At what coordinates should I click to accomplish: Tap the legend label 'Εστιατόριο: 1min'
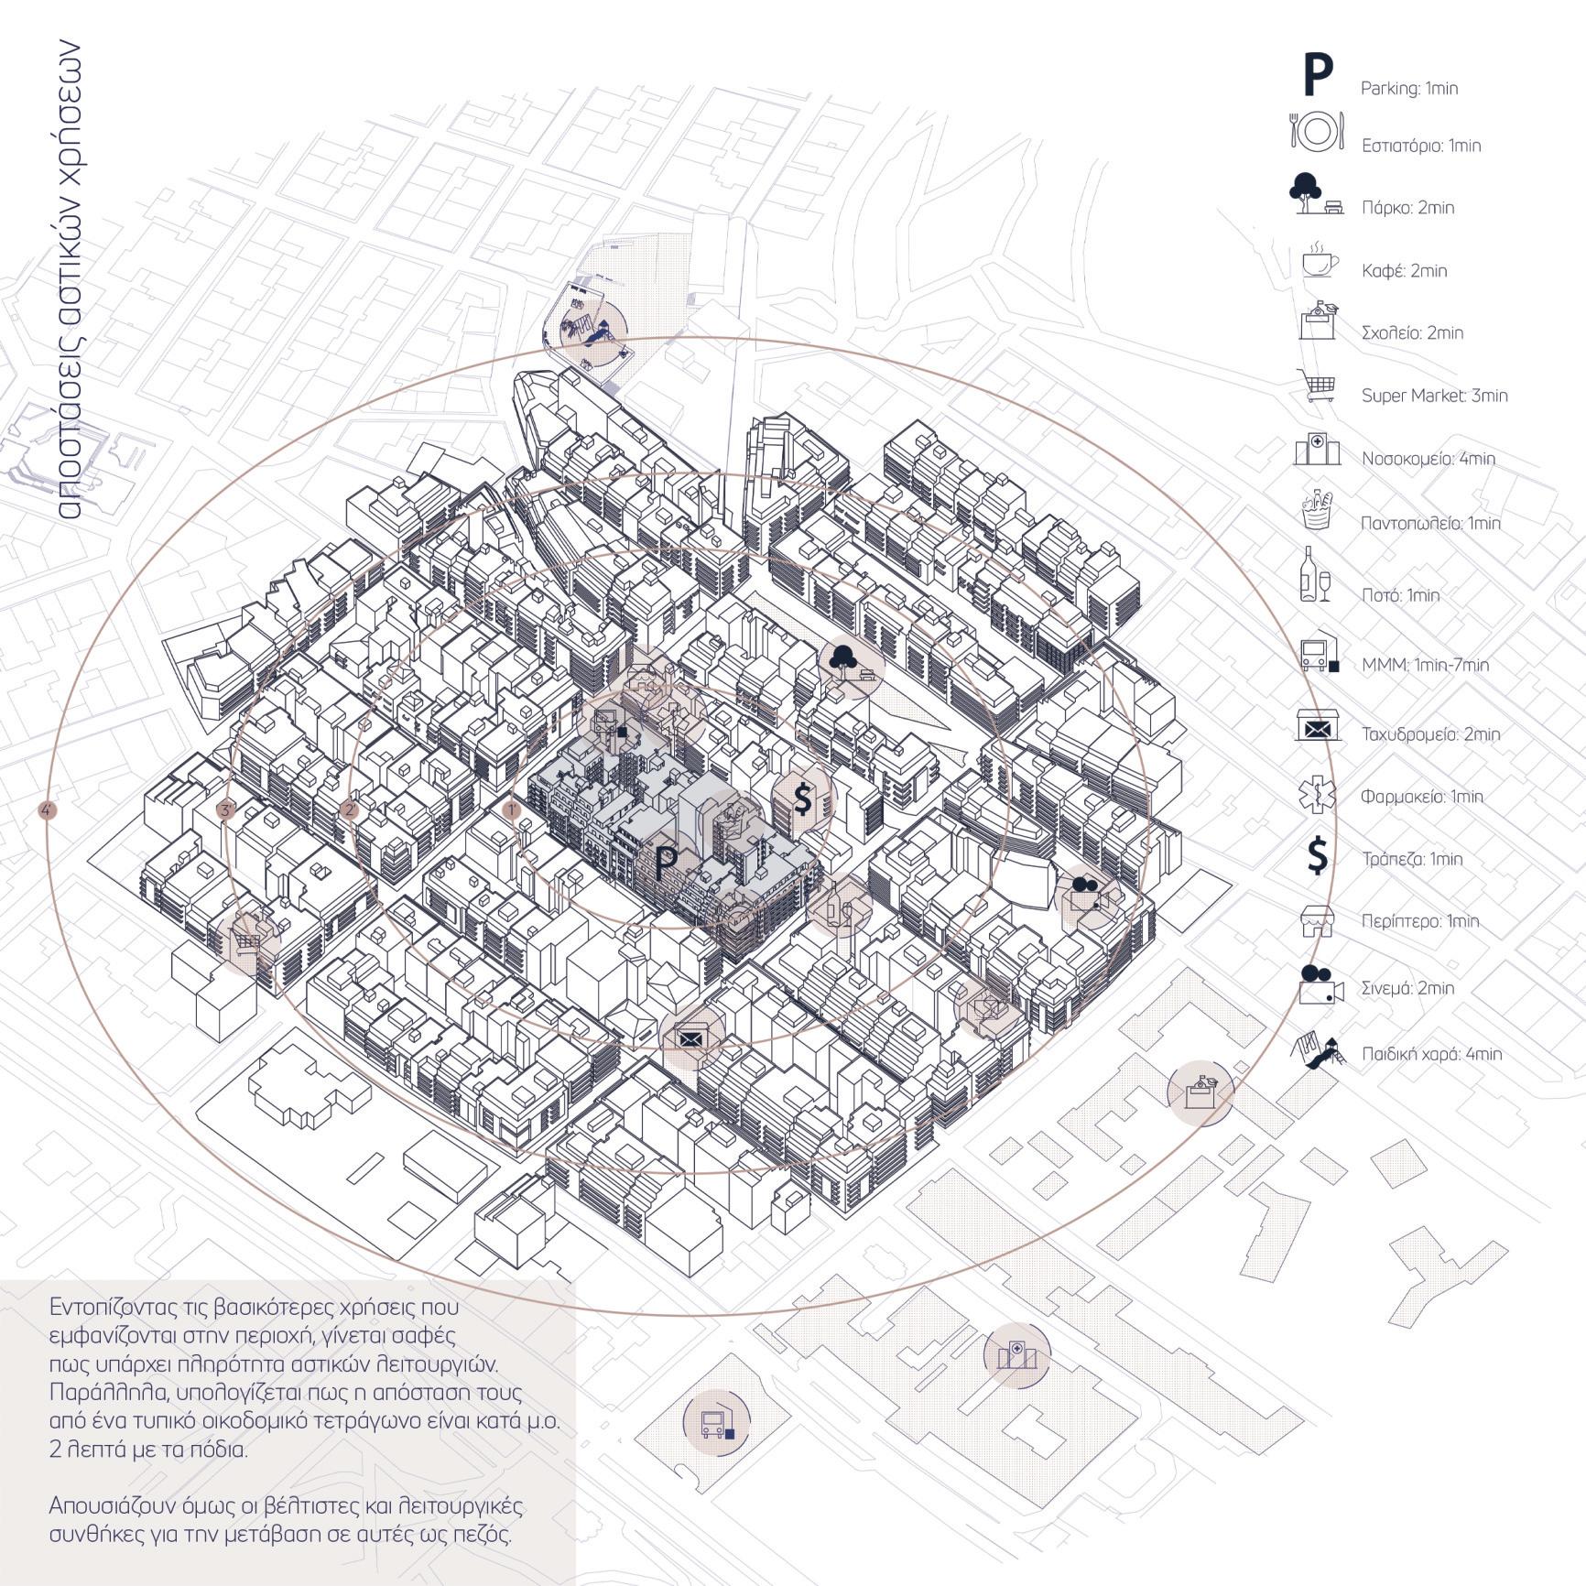pyautogui.click(x=1420, y=146)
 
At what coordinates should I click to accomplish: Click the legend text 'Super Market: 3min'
pyautogui.click(x=1434, y=396)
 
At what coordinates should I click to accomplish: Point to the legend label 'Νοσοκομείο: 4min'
pyautogui.click(x=1428, y=459)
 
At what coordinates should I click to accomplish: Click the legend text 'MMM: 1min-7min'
pyautogui.click(x=1425, y=665)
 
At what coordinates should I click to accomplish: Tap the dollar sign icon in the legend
pyautogui.click(x=1317, y=856)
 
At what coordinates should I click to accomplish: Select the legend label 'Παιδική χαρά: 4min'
pyautogui.click(x=1431, y=1054)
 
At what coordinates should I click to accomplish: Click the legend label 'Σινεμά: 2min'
pyautogui.click(x=1407, y=988)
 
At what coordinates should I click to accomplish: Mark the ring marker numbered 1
pyautogui.click(x=513, y=809)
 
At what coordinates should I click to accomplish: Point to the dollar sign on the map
pyautogui.click(x=803, y=799)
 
